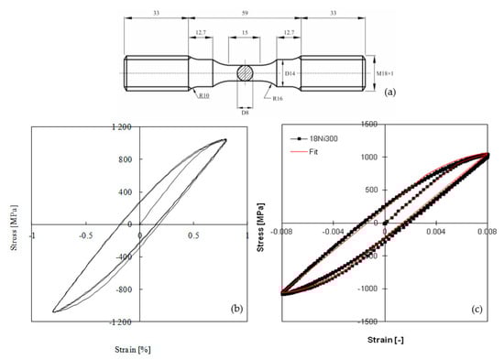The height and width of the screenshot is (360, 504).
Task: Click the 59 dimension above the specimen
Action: pyautogui.click(x=245, y=13)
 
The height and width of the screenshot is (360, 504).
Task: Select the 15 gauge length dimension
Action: pyautogui.click(x=245, y=32)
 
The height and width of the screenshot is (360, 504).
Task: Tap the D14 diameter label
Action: pyautogui.click(x=290, y=73)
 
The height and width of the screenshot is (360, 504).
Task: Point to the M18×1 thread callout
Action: pyautogui.click(x=385, y=73)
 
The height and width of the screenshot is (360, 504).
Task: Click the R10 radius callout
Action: pyautogui.click(x=204, y=95)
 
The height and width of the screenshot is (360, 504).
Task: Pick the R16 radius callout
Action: pyautogui.click(x=278, y=98)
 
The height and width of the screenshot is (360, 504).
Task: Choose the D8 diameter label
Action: pyautogui.click(x=245, y=113)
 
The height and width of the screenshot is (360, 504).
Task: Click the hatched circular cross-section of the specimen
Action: pyautogui.click(x=246, y=73)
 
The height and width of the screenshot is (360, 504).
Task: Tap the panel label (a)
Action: pyautogui.click(x=390, y=93)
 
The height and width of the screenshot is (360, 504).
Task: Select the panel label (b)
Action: pyautogui.click(x=237, y=309)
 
